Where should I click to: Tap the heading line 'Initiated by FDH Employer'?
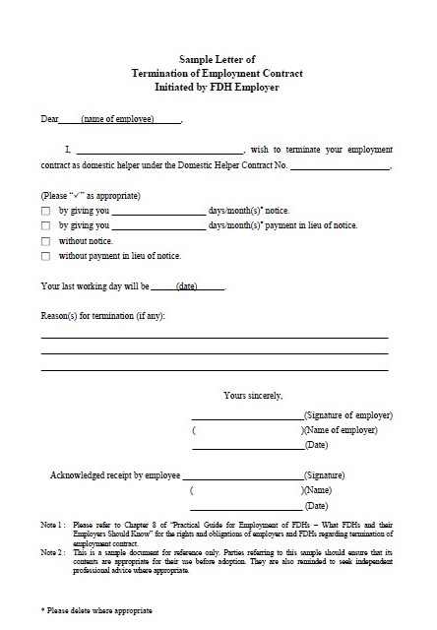click(x=217, y=87)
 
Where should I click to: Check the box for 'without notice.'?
click(x=46, y=241)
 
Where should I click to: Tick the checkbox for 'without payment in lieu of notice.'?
click(x=46, y=256)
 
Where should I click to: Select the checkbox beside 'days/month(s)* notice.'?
click(x=46, y=211)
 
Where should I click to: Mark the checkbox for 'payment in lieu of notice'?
click(x=46, y=225)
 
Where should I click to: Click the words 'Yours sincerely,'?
click(x=253, y=395)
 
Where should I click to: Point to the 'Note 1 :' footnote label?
click(x=53, y=525)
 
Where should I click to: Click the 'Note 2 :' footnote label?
click(x=53, y=552)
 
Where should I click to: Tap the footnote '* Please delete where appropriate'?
click(x=96, y=611)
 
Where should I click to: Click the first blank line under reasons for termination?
click(x=215, y=337)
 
